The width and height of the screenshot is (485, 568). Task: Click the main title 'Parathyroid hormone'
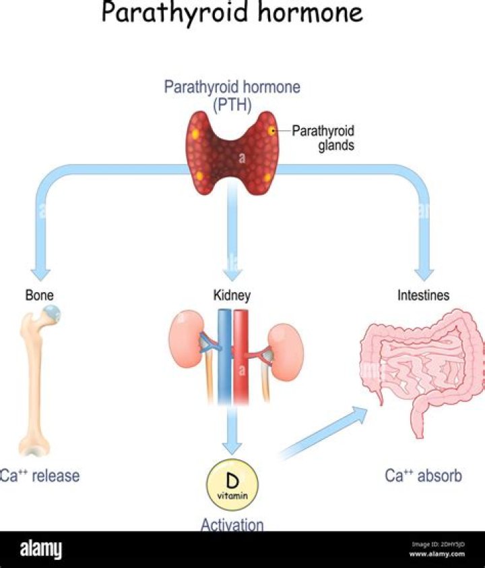pyautogui.click(x=232, y=13)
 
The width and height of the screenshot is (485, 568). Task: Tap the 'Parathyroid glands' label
pyautogui.click(x=323, y=138)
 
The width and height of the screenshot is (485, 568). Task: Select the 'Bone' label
pyautogui.click(x=39, y=295)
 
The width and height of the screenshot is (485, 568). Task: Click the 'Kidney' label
pyautogui.click(x=232, y=295)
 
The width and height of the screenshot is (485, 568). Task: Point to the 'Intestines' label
pyautogui.click(x=423, y=295)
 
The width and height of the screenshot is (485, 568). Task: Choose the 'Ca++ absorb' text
pyautogui.click(x=424, y=476)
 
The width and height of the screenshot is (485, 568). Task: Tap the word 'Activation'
pyautogui.click(x=232, y=524)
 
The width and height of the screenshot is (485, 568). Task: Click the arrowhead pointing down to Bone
pyautogui.click(x=40, y=272)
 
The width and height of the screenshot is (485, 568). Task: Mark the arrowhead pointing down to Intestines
pyautogui.click(x=424, y=272)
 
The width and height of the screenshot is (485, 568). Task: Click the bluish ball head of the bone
pyautogui.click(x=51, y=314)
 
